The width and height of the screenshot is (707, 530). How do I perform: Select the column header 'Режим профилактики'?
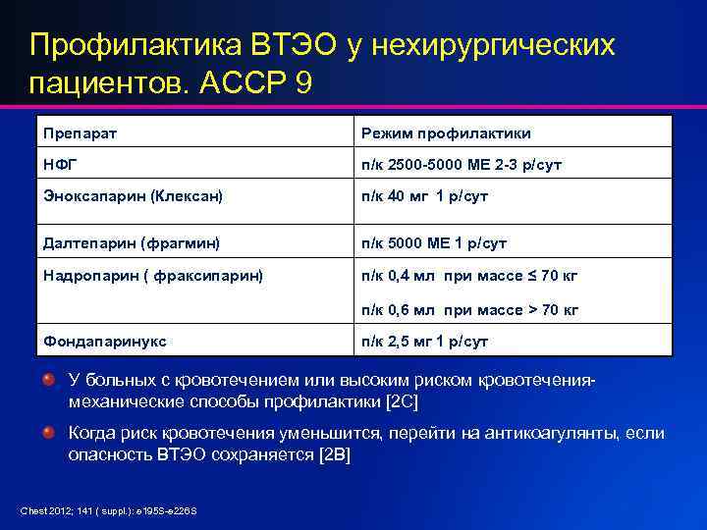[446, 132]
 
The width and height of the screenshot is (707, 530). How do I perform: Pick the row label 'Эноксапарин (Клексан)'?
[133, 196]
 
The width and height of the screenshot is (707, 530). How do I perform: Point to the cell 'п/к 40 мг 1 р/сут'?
[424, 196]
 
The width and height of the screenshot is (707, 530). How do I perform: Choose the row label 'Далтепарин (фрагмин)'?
[129, 242]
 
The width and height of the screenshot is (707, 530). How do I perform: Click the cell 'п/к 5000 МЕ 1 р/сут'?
[436, 242]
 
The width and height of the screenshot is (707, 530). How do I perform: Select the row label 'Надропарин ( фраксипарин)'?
[152, 276]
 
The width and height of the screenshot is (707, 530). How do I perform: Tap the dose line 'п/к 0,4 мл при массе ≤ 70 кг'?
[469, 276]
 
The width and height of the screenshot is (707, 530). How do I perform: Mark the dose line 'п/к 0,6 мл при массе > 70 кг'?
[469, 310]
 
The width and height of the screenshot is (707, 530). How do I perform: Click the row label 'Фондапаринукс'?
[104, 342]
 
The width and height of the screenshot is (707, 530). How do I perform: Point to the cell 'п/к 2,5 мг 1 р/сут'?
[424, 342]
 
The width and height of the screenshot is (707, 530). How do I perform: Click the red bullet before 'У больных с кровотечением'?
[48, 379]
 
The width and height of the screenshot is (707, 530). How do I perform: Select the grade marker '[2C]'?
[402, 402]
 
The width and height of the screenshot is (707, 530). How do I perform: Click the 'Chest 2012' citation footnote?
[109, 510]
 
